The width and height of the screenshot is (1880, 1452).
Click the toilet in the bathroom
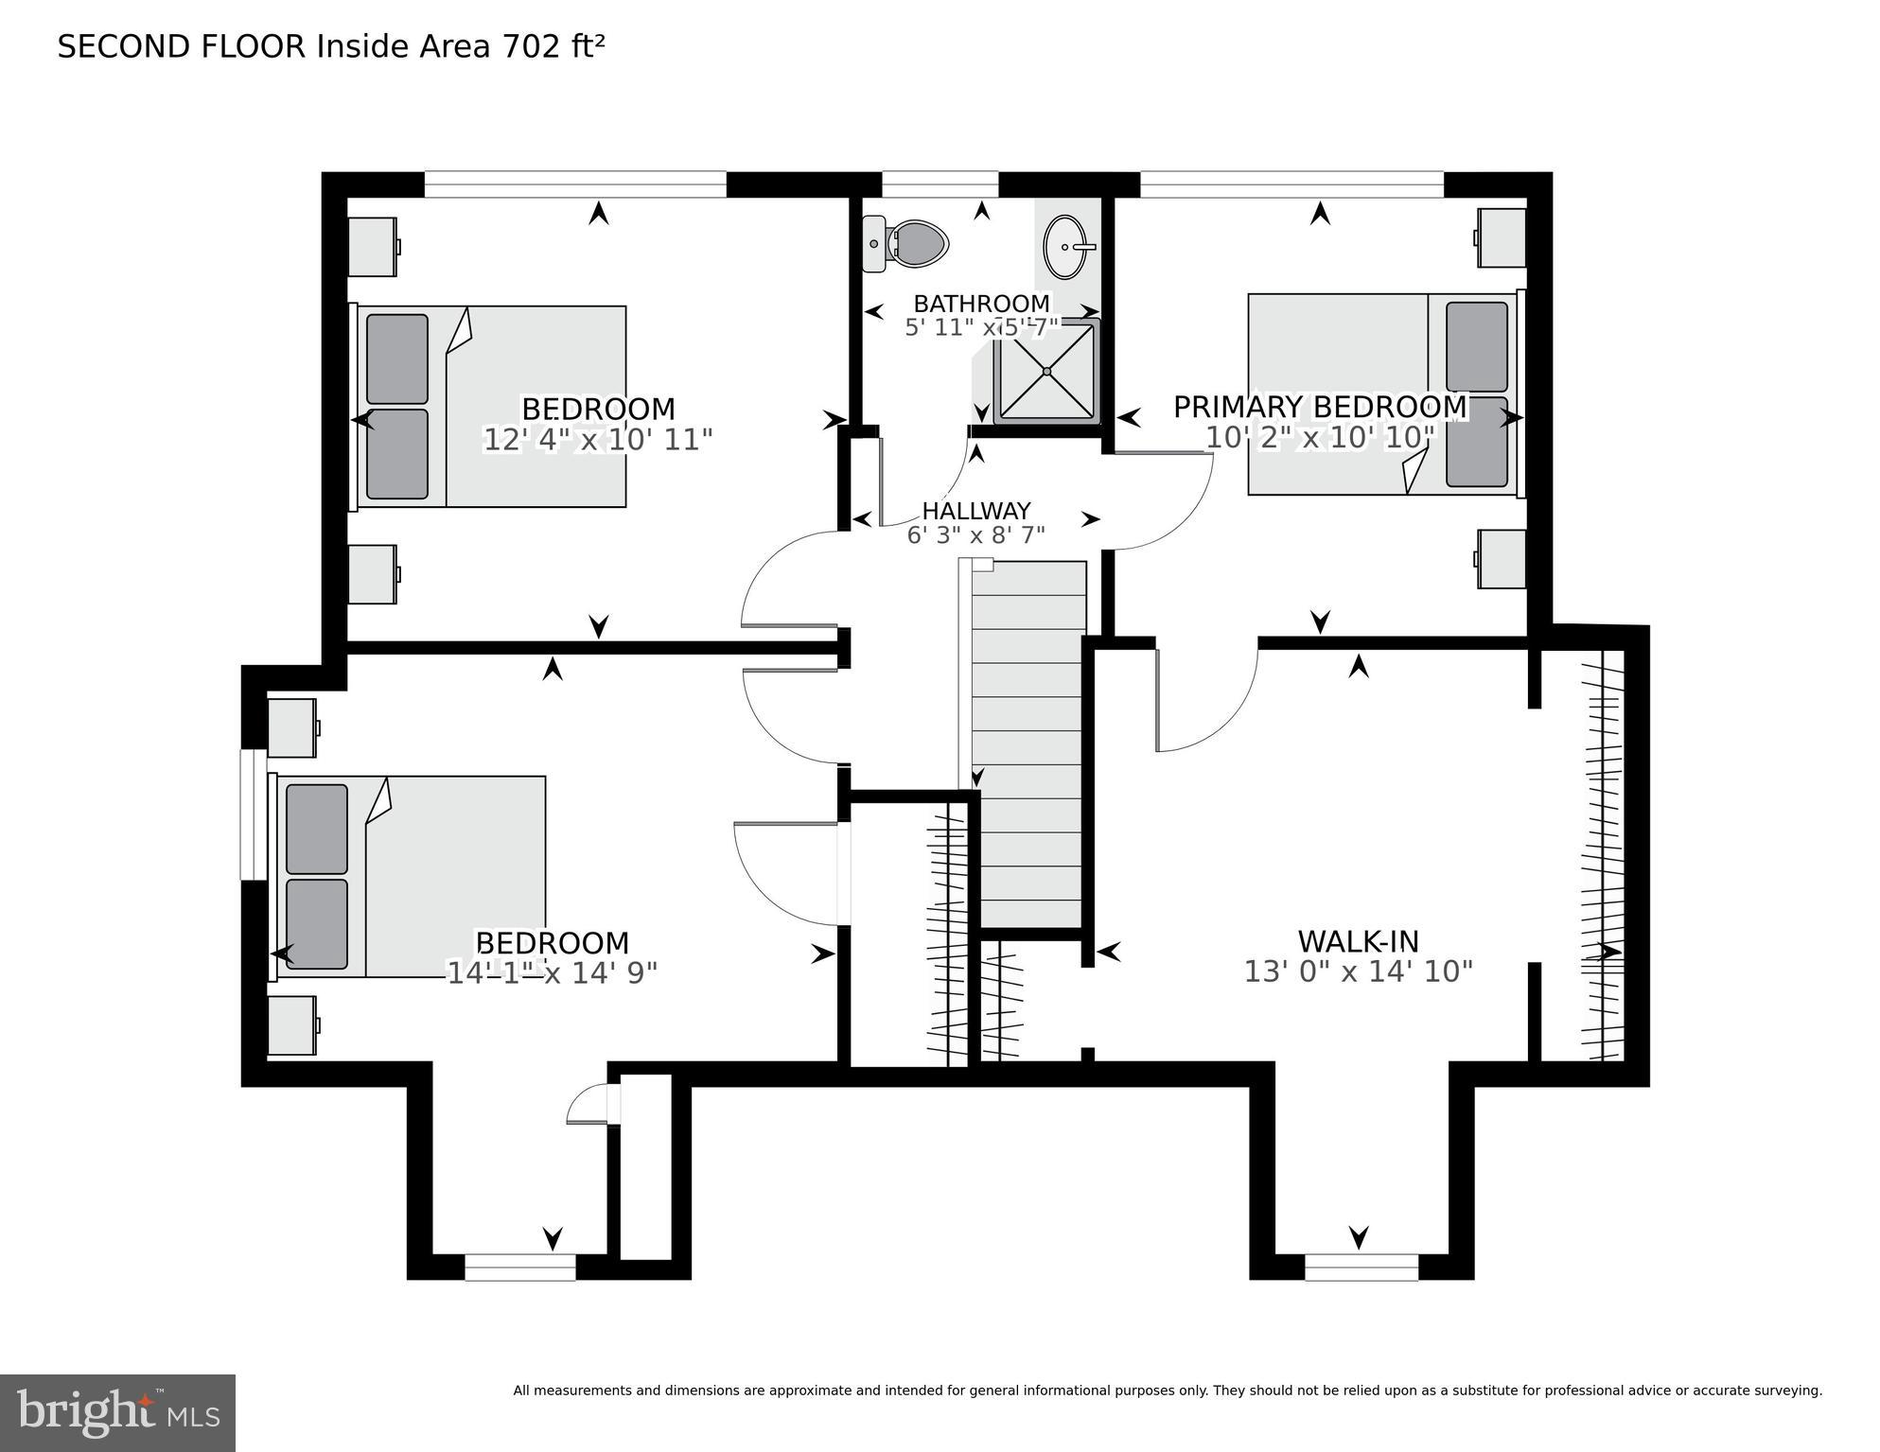coord(908,243)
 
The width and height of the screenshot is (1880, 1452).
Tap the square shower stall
coord(1047,371)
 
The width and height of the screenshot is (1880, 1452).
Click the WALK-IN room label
coord(1358,941)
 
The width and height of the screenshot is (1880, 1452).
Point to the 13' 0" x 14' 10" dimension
coord(1358,972)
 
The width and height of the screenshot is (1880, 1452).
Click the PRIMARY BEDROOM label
coord(1319,407)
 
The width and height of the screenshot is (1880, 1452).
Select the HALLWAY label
coord(975,511)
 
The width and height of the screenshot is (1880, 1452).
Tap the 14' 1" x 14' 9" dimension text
coord(552,973)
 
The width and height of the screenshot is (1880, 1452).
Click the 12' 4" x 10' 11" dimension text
coord(597,440)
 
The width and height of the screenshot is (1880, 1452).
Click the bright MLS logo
coord(117,1413)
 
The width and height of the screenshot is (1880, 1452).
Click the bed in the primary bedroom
coord(1381,394)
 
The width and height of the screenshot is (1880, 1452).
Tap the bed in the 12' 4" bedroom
coord(492,407)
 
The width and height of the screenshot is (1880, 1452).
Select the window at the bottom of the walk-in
coord(1361,1267)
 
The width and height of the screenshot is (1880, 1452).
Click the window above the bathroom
coord(940,184)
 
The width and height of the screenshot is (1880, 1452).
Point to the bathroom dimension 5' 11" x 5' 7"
coord(981,328)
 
